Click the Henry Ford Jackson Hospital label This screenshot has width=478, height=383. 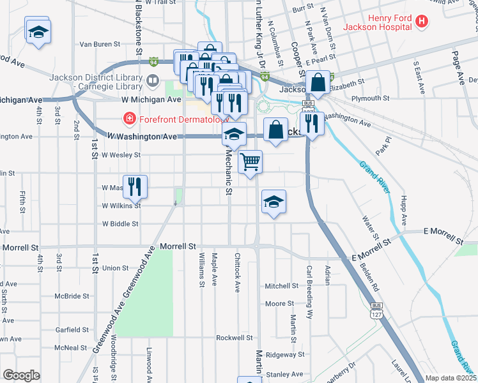(x=377, y=22)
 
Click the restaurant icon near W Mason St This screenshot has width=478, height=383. (x=135, y=186)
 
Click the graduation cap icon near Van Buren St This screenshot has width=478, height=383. (x=38, y=31)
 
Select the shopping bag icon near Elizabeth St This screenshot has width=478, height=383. (x=318, y=82)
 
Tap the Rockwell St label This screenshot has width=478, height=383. (x=235, y=338)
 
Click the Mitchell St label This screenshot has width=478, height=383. (x=282, y=286)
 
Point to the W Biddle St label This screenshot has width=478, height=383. (x=120, y=224)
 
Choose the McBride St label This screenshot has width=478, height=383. (x=72, y=296)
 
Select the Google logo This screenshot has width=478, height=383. (x=22, y=375)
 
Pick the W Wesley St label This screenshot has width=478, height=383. (x=120, y=154)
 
